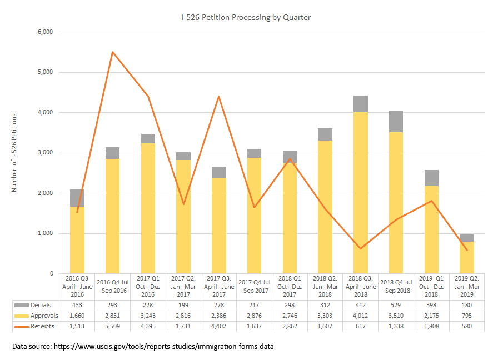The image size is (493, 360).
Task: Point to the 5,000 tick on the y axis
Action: pos(44,72)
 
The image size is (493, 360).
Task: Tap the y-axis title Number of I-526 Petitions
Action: pos(14,152)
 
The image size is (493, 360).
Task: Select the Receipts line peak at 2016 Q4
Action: pos(112,52)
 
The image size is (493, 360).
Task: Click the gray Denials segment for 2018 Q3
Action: pos(360,104)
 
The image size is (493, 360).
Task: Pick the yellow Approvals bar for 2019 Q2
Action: pos(466,257)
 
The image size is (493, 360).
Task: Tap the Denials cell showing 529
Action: pos(396,306)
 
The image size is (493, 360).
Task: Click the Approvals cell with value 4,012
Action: pos(360,316)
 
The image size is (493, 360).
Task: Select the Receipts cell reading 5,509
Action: pos(112,326)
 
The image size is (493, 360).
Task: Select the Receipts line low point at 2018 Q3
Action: pos(360,248)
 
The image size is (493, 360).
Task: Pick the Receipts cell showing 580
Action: pos(466,326)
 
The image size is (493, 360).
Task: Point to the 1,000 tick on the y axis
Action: pos(44,233)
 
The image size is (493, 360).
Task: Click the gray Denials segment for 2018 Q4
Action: pos(396,122)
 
